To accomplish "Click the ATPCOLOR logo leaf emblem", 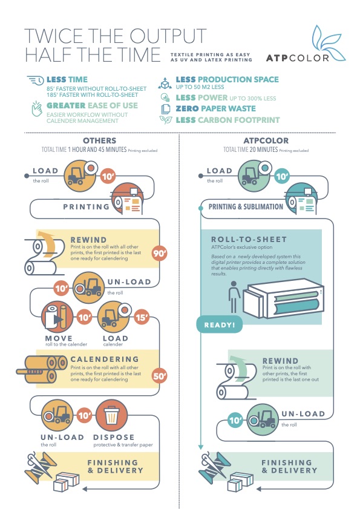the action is [326, 43].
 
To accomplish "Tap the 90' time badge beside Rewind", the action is [159, 253].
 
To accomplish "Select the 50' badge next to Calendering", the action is [159, 376].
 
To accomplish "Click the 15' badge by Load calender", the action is [142, 317].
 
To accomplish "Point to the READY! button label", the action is [220, 324].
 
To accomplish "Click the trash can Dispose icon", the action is [112, 415].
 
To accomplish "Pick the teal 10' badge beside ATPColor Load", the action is [282, 177].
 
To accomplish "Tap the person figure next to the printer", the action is [234, 297].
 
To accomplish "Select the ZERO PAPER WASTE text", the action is [215, 108].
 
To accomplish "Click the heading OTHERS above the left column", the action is [99, 140].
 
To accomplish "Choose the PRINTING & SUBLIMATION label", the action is [246, 207].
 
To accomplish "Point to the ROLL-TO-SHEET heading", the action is [249, 240].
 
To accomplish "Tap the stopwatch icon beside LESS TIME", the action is [35, 80].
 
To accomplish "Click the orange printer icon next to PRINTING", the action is [128, 199].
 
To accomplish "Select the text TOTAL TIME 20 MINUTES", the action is [250, 149].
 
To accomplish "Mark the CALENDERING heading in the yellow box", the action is [105, 359].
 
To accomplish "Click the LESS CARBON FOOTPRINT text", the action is [227, 120].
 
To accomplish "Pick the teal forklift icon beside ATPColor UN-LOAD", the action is [263, 419].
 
